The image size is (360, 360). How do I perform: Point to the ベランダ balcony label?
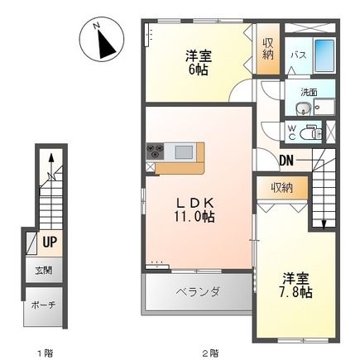[x=198, y=291]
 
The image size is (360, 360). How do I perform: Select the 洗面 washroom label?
[x=310, y=91]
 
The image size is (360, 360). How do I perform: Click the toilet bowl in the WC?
[x=313, y=132]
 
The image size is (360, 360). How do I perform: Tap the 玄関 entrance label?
[x=43, y=271]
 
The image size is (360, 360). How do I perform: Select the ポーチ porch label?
[x=43, y=305]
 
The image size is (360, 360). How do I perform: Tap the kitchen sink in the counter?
[x=184, y=151]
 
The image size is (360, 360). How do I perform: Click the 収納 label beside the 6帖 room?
[x=267, y=49]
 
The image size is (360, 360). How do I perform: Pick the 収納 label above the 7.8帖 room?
[x=281, y=188]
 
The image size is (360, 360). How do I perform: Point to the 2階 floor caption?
[x=210, y=353]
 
